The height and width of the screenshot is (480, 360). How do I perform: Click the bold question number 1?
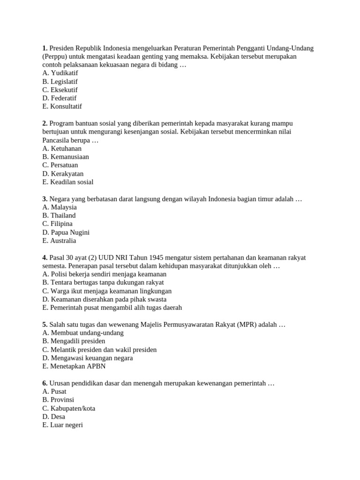pos(45,48)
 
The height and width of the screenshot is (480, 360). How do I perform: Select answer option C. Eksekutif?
pos(60,90)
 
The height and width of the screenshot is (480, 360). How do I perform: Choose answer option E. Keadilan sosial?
pos(67,182)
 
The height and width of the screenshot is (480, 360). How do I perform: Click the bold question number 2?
pos(45,123)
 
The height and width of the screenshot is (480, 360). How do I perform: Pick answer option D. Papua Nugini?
pos(66,232)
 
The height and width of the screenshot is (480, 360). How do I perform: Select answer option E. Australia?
pos(59,240)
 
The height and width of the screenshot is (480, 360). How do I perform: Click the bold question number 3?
pos(45,199)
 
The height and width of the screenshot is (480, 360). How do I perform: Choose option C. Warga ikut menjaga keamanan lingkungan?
pos(107,291)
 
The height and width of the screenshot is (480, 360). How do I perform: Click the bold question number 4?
pos(45,257)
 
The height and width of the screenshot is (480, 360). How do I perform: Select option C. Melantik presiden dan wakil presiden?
pos(99,350)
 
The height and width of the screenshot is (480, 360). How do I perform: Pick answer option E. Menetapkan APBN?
pos(74,366)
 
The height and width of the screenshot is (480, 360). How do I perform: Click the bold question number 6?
pos(45,383)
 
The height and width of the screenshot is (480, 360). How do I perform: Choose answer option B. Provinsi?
pos(58,400)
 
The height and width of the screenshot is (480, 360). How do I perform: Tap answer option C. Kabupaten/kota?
pos(68,408)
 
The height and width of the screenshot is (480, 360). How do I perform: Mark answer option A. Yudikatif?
pos(60,73)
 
